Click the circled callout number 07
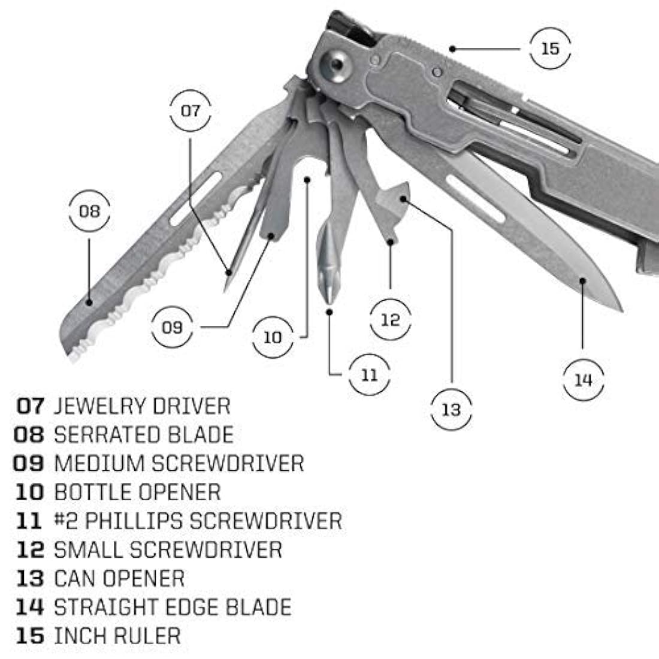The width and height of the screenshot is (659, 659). tap(190, 111)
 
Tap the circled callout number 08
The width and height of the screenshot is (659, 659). tap(90, 211)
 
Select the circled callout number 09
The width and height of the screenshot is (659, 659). tap(172, 327)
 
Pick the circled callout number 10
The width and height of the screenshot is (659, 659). tap(272, 337)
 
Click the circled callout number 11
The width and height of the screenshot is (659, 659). tap(370, 375)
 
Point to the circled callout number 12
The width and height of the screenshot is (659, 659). tap(390, 319)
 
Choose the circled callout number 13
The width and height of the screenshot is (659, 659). tap(451, 410)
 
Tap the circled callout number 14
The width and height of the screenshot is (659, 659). tap(583, 380)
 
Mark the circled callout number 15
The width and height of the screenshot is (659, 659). tap(550, 49)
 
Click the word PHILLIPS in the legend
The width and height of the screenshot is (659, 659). tap(133, 521)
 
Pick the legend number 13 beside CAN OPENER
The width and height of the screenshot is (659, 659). tap(30, 579)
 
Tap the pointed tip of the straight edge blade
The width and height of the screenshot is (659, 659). tap(620, 310)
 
